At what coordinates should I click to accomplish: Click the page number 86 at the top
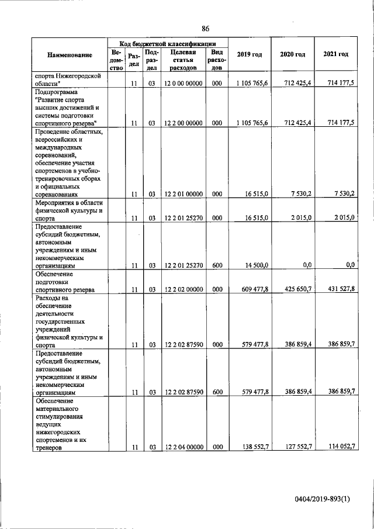206,29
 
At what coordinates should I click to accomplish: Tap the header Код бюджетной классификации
168,43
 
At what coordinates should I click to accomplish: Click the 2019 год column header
250,54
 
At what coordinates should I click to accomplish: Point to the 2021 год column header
335,54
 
